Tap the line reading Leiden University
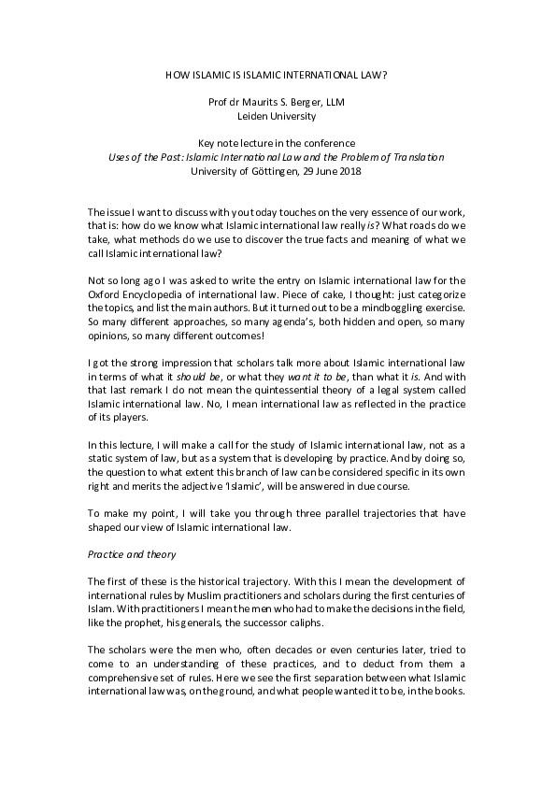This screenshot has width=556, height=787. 278,117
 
